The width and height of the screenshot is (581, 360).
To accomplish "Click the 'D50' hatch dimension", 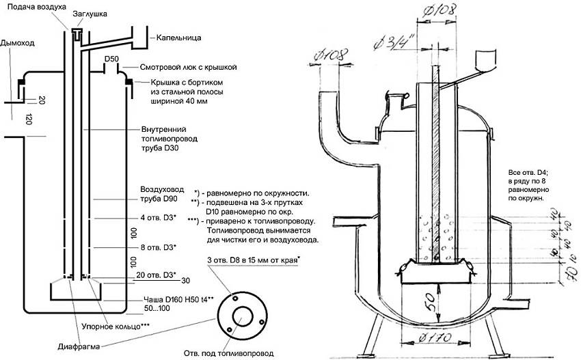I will click(113, 59).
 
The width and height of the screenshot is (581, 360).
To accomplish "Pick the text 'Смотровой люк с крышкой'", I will click(189, 68).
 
